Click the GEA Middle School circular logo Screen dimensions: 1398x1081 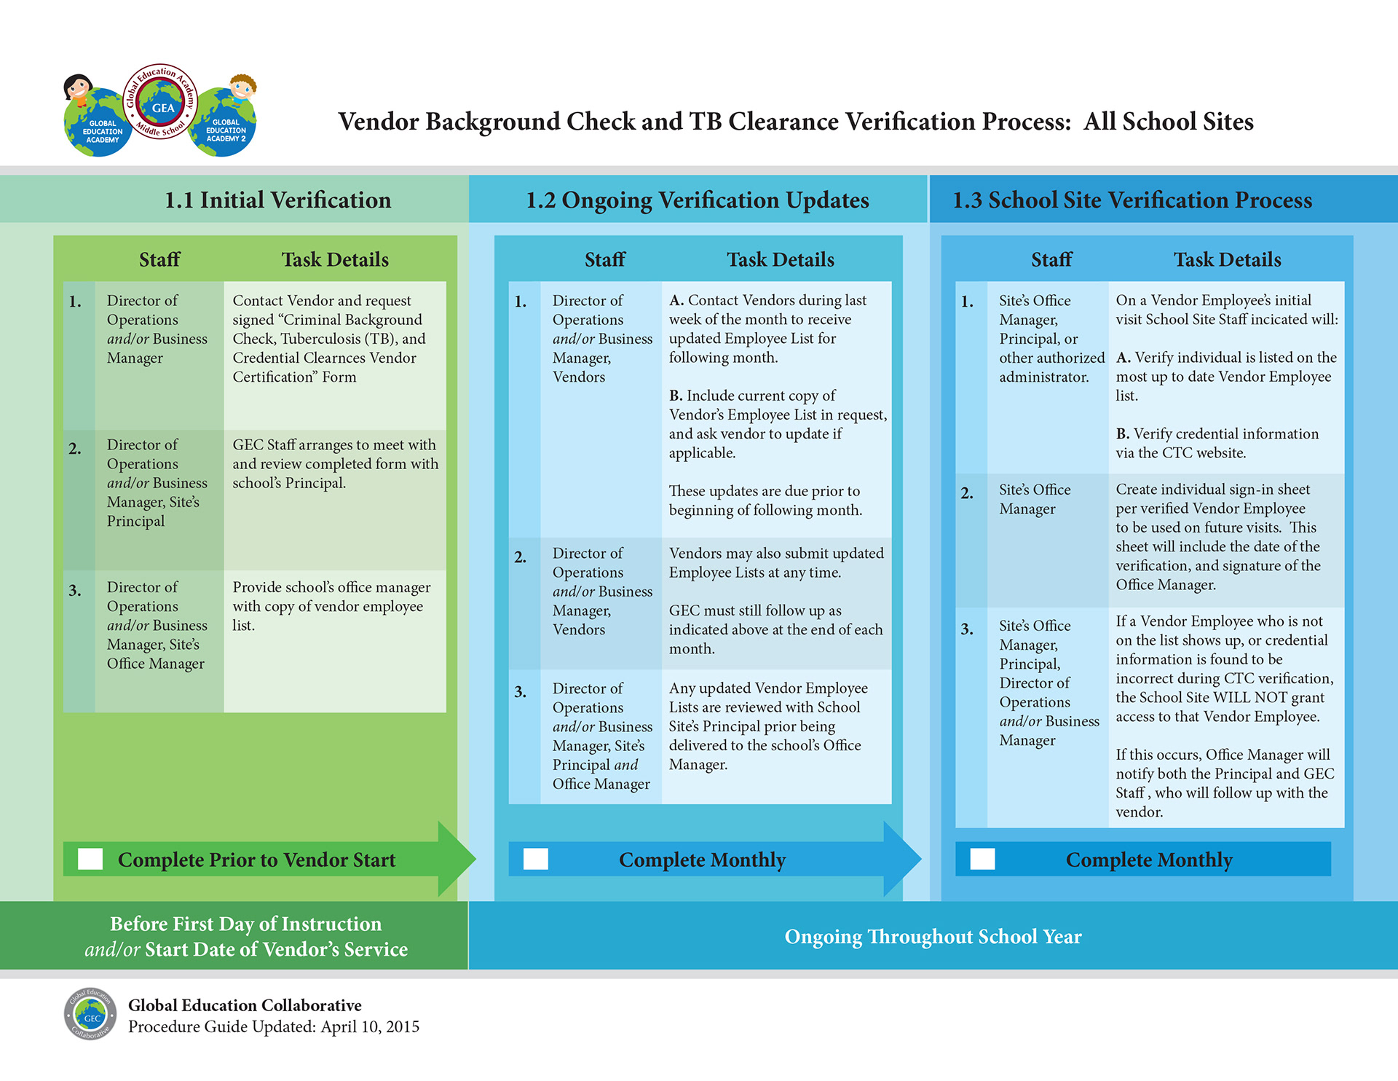(161, 102)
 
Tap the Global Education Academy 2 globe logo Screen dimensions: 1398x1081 (225, 121)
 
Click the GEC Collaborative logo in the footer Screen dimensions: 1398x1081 (90, 1014)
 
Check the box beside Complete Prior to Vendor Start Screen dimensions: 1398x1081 (90, 859)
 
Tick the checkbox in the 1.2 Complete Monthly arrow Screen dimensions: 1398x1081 (536, 859)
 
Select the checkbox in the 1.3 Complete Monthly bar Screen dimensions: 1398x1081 (982, 859)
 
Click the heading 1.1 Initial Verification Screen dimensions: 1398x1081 (277, 200)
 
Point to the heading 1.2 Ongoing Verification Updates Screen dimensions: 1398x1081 (698, 200)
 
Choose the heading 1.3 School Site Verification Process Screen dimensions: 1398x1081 (1132, 200)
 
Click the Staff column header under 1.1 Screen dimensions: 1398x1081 (159, 259)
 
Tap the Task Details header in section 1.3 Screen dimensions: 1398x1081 (1227, 259)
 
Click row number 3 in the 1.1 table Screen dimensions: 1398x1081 (75, 591)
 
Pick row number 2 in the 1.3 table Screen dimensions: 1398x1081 (967, 493)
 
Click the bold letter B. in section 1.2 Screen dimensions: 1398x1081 (676, 396)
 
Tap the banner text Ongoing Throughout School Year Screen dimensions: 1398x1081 (933, 937)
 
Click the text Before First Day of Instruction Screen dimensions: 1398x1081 (245, 924)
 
